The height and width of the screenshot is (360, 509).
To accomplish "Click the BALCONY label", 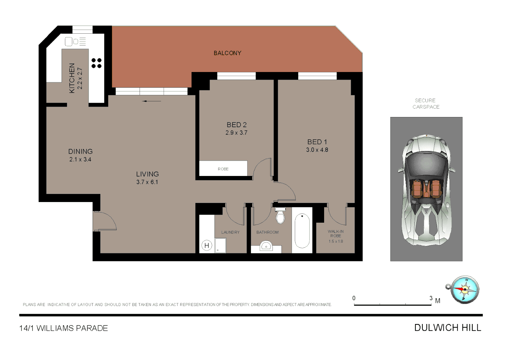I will (228, 53).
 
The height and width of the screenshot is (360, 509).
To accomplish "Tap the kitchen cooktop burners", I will (97, 63).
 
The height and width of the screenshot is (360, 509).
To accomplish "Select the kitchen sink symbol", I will (69, 42).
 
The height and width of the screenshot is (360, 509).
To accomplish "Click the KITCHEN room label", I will (72, 78).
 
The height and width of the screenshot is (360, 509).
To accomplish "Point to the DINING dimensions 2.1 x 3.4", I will (80, 159).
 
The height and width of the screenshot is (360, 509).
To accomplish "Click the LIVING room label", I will (147, 174).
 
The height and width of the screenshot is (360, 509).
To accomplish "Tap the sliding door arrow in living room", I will (152, 101).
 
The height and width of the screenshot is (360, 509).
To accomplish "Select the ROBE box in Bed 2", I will (223, 169).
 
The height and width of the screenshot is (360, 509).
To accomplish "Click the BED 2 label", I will (237, 125).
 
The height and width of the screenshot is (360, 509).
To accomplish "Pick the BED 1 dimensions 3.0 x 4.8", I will (317, 150).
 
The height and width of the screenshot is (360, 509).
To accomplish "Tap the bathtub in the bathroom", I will (302, 231).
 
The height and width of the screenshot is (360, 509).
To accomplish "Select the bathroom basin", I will (266, 247).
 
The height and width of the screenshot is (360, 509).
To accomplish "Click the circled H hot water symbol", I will (207, 246).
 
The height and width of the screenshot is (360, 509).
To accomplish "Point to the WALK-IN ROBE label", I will (336, 233).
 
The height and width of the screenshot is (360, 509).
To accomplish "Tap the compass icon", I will (464, 289).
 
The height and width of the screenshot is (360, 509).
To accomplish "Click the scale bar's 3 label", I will (431, 298).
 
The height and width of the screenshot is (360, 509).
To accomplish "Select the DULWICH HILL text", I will (448, 328).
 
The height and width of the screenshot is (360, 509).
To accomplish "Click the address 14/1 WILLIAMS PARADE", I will (64, 328).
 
